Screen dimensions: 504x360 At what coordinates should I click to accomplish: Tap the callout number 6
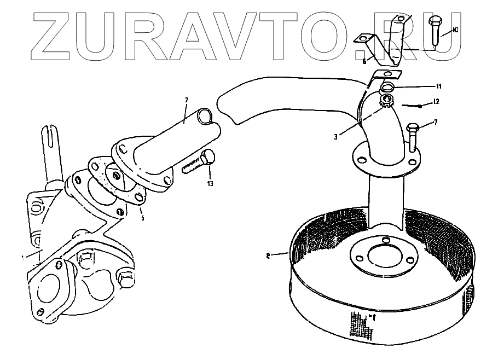365,61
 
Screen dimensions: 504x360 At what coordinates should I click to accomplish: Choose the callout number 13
210,183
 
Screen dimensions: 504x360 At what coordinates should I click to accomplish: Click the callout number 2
187,100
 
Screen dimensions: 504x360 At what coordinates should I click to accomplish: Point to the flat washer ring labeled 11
388,87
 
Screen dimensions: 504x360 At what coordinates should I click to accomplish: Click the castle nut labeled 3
386,100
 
